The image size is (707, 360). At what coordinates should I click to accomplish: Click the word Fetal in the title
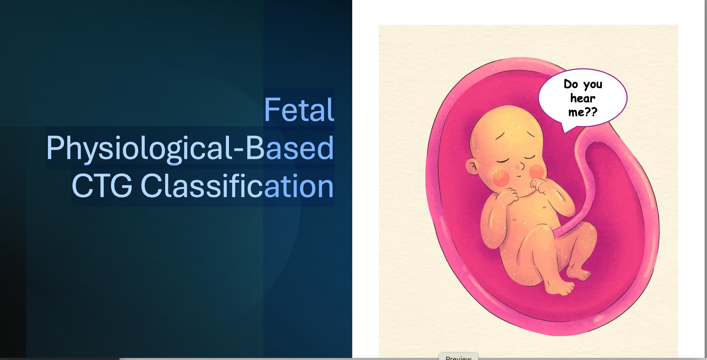click(x=299, y=110)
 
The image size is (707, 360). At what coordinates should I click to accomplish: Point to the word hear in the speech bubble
click(x=583, y=98)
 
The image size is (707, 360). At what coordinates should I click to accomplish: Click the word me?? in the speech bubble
click(x=583, y=112)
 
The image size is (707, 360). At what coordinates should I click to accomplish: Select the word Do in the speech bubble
click(x=571, y=84)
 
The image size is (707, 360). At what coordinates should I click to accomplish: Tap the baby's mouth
click(x=518, y=176)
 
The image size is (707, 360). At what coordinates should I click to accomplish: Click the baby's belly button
click(x=514, y=220)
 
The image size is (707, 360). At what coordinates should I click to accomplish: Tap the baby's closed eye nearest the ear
click(x=503, y=160)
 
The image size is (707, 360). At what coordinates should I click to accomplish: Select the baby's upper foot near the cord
click(x=579, y=273)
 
